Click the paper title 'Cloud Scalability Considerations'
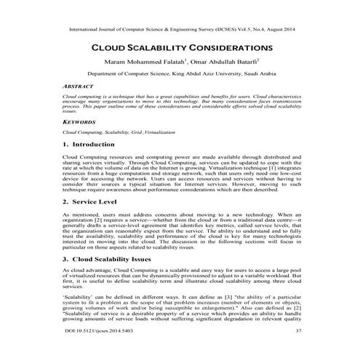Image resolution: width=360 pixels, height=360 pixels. (180, 47)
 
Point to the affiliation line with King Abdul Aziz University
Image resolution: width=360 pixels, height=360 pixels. (180, 74)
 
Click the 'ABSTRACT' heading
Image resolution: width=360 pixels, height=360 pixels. (79, 86)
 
